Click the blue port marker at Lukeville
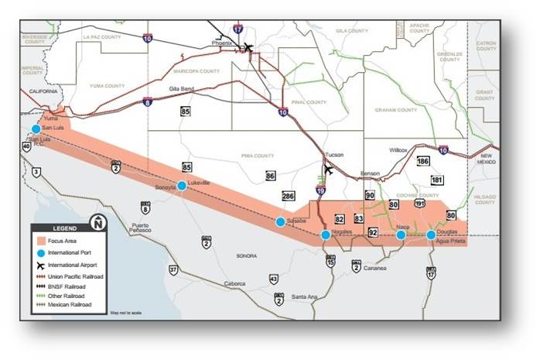[182, 185]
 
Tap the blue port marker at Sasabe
[280, 221]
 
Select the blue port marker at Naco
[401, 235]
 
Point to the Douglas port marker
[431, 235]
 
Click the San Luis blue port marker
[36, 129]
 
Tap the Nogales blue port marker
[326, 235]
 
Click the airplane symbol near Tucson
[329, 170]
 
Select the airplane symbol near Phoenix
[248, 48]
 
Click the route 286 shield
[289, 196]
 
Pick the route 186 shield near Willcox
[422, 161]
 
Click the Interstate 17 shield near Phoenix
[238, 29]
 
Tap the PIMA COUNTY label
[258, 155]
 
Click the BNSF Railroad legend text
[69, 286]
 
